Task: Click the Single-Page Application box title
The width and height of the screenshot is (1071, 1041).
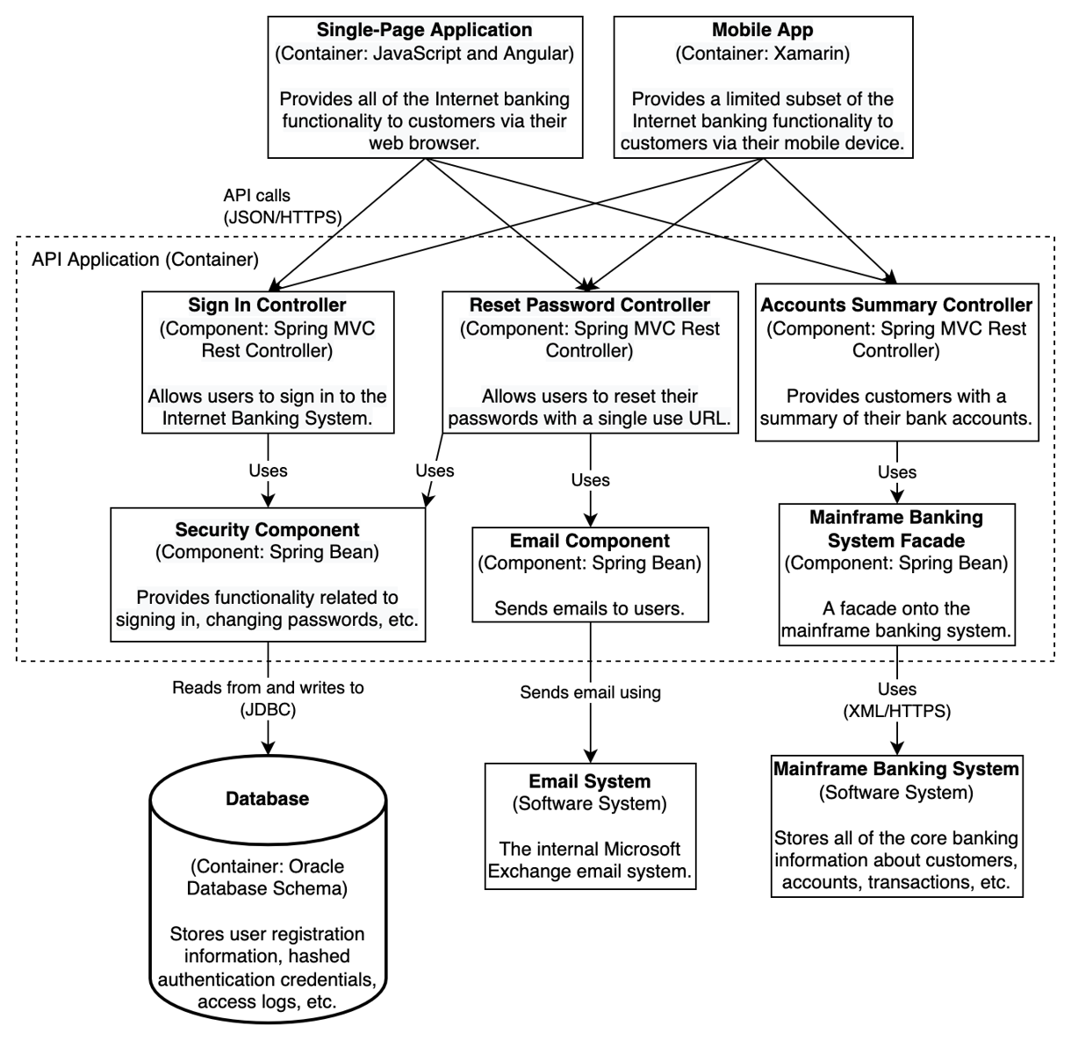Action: (x=424, y=31)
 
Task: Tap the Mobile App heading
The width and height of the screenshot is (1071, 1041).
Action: (x=762, y=31)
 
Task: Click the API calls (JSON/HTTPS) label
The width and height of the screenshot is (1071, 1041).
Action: (x=282, y=206)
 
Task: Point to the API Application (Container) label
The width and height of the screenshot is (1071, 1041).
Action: (x=145, y=259)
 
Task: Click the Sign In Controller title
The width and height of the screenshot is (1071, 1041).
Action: (x=267, y=305)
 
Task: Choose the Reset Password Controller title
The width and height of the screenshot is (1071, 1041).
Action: (x=589, y=305)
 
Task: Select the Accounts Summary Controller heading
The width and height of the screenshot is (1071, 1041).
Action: (x=895, y=305)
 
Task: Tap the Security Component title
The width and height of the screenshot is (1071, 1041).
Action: (x=267, y=530)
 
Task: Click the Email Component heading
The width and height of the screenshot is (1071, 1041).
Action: (x=589, y=541)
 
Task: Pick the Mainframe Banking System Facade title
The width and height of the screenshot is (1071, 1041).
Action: (x=895, y=528)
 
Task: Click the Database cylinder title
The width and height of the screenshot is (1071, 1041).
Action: (x=267, y=799)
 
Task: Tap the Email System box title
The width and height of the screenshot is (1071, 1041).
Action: (x=589, y=781)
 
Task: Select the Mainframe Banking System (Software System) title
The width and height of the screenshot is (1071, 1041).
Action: (x=895, y=770)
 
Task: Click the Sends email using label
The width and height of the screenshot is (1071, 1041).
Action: (x=589, y=693)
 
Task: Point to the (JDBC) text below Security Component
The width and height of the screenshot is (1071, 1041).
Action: (x=267, y=710)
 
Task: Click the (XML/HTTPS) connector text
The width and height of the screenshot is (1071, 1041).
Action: (x=895, y=711)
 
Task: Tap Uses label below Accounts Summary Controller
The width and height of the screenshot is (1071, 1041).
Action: (x=896, y=472)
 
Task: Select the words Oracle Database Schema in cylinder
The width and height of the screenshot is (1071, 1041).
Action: (x=267, y=877)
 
